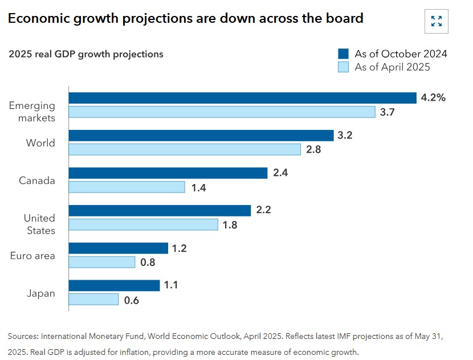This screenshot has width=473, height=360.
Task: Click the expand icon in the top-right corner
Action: tap(437, 22)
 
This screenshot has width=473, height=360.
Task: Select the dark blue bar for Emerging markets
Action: tap(242, 98)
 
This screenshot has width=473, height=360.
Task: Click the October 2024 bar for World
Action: tap(201, 136)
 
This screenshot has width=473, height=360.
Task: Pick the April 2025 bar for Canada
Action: tap(127, 187)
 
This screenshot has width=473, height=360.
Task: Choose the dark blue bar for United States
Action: tap(160, 211)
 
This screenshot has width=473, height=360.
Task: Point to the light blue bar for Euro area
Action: tap(102, 262)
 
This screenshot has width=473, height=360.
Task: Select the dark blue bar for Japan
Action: tap(114, 285)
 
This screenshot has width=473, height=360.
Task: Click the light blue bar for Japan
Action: tap(93, 299)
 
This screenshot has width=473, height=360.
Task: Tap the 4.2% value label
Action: tap(433, 97)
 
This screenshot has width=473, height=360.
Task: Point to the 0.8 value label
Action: tap(148, 262)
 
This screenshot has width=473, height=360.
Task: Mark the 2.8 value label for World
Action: tap(313, 149)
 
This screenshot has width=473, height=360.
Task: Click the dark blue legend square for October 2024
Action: tap(343, 54)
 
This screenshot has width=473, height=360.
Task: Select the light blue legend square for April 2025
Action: tap(343, 67)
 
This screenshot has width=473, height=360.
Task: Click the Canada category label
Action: tap(37, 181)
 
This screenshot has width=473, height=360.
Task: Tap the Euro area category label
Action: tap(33, 256)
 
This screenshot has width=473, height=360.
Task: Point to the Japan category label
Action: tap(41, 293)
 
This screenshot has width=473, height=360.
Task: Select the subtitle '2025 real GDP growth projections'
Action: tap(86, 54)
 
